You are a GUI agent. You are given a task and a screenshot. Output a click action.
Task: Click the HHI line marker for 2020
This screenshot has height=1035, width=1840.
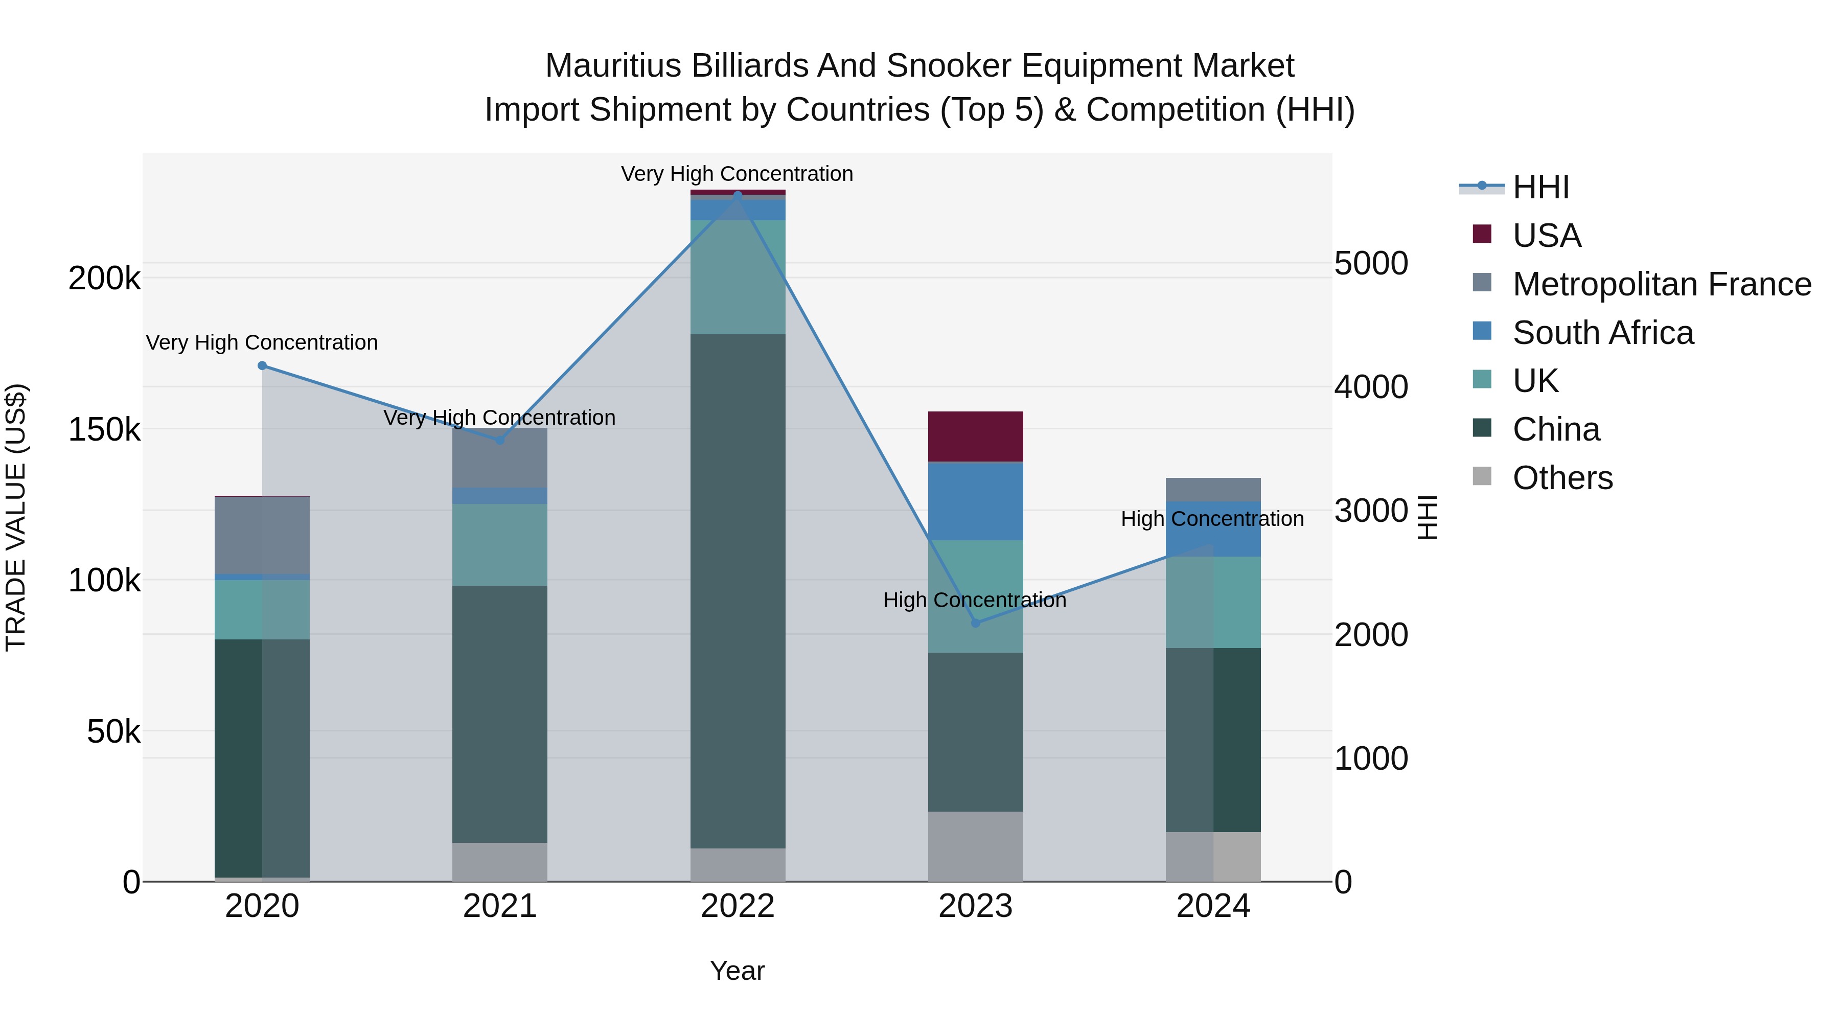(262, 366)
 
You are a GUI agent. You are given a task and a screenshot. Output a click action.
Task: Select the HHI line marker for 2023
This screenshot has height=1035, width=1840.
(976, 623)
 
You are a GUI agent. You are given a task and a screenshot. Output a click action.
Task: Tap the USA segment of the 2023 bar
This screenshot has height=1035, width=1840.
(976, 436)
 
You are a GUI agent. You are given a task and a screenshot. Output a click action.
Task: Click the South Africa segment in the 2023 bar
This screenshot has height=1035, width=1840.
(976, 501)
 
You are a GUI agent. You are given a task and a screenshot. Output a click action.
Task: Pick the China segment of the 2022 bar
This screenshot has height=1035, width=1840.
(738, 591)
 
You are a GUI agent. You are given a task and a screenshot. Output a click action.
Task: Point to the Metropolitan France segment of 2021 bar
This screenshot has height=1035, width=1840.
(500, 458)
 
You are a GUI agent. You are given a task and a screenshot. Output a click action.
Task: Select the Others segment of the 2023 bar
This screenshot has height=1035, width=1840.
(976, 846)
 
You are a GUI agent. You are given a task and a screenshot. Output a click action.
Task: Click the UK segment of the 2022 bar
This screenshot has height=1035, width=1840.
(738, 277)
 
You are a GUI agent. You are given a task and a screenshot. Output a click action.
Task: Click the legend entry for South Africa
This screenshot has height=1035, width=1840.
(1602, 333)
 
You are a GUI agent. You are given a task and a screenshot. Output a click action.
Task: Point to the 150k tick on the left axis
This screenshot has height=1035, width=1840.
(104, 430)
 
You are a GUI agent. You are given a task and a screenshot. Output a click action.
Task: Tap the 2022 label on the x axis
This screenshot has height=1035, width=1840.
(738, 906)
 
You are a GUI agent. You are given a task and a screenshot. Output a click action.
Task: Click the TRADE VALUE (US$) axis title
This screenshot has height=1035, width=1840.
(16, 517)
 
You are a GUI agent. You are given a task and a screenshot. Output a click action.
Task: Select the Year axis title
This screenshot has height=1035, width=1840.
(737, 971)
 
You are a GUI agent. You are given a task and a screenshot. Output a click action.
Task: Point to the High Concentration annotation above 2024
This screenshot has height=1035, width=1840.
(1212, 519)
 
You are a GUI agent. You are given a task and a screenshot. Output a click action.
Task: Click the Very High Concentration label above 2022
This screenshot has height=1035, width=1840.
(737, 174)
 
